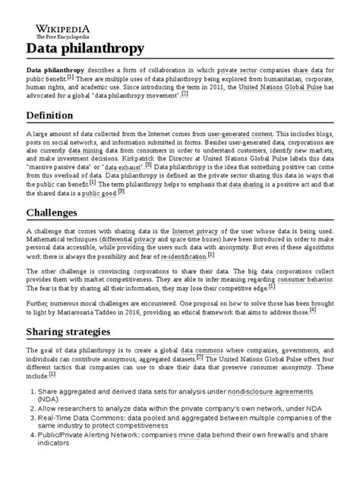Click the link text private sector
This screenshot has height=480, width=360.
pyautogui.click(x=238, y=68)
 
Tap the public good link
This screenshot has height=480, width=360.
pyautogui.click(x=99, y=193)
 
